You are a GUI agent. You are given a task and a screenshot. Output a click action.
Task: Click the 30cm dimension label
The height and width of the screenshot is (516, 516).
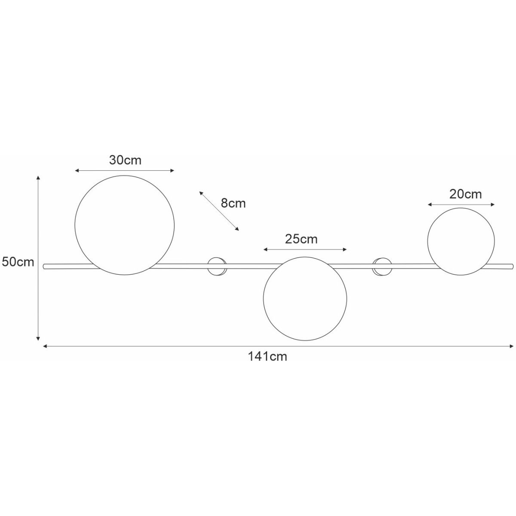coord(125,160)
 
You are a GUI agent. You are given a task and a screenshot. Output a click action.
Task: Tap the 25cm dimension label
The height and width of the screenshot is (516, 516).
coord(301,239)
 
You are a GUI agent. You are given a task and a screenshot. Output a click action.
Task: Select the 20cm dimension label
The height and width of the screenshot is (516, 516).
coord(465,194)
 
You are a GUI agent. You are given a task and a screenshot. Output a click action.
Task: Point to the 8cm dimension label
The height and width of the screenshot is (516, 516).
coord(233,203)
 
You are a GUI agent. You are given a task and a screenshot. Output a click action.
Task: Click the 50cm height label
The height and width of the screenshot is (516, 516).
coord(18,262)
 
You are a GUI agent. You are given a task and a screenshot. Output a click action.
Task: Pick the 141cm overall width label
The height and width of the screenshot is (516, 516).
coord(267,356)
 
